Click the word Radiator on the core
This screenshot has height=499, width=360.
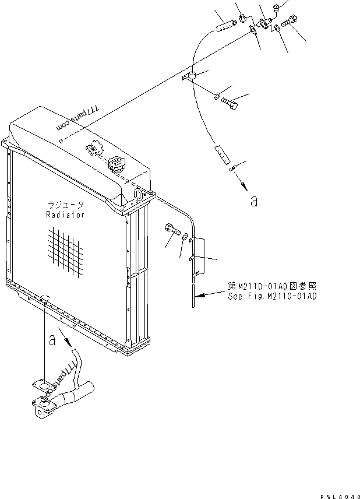point(65,215)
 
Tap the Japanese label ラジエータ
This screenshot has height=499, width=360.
point(66,205)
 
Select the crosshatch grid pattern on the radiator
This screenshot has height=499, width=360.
point(65,251)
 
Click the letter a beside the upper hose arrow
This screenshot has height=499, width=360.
point(253,201)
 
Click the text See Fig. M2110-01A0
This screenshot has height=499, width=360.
point(272,296)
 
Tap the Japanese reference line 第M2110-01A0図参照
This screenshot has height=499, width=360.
point(272,286)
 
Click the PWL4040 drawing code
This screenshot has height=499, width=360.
point(340,496)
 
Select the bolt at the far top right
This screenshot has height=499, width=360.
point(289,20)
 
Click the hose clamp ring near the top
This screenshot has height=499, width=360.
point(243,19)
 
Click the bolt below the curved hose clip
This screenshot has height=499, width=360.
point(230,103)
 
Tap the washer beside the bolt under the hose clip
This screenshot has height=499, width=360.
point(217,96)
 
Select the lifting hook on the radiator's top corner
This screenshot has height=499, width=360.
point(138,195)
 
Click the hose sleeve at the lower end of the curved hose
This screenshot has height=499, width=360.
point(222,154)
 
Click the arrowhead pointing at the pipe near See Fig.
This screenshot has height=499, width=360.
point(199,296)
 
